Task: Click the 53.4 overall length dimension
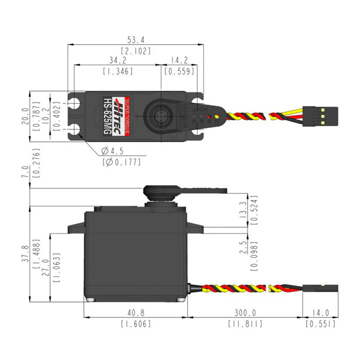pos(135,39)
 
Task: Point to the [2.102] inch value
pos(135,51)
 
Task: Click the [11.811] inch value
pos(244,324)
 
